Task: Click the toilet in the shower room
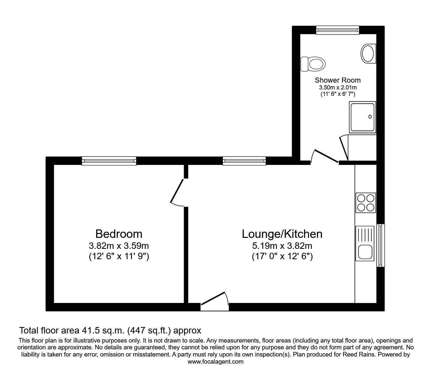point(313,64)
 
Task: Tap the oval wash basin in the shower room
point(368,53)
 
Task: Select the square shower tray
point(363,117)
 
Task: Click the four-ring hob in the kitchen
point(366,203)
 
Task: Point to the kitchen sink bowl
point(365,252)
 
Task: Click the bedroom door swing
point(177,192)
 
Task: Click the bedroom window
point(109,161)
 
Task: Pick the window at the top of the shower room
point(338,30)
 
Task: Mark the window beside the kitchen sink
point(381,245)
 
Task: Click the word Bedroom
point(119,234)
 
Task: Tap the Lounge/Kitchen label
point(282,234)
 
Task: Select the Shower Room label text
point(338,80)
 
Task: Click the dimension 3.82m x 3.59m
point(119,246)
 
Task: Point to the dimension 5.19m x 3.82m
point(282,246)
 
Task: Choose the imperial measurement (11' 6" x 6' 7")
point(338,94)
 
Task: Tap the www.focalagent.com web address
point(215,362)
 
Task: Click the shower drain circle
point(370,117)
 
